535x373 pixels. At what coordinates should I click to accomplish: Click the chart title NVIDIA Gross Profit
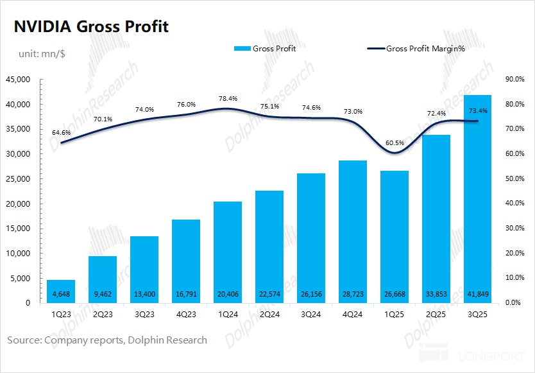(x=91, y=27)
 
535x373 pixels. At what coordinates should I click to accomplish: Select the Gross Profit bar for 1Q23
(x=61, y=291)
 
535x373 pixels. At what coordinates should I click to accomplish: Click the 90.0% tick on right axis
(x=515, y=80)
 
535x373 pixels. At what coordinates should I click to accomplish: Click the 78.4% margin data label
(x=228, y=99)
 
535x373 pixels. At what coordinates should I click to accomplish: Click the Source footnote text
(x=107, y=340)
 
